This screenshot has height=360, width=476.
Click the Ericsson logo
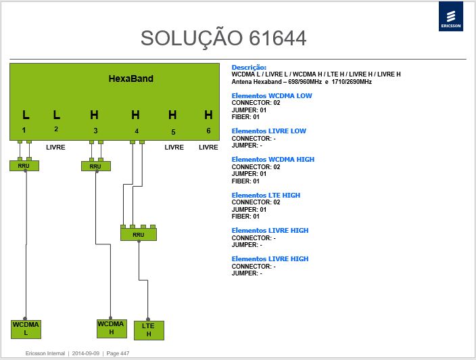tap(451, 16)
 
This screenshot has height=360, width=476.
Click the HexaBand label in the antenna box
tap(131, 78)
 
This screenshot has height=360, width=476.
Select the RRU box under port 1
tap(24, 166)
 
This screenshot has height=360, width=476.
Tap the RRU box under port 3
tap(95, 166)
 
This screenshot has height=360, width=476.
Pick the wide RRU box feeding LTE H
tap(139, 235)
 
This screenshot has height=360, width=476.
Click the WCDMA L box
tap(26, 329)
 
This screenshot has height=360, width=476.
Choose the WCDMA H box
tap(112, 328)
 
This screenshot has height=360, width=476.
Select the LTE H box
tap(149, 330)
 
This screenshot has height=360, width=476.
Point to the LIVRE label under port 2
tap(55, 148)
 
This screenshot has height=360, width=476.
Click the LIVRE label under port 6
tap(208, 148)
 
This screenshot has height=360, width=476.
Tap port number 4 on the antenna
tap(137, 131)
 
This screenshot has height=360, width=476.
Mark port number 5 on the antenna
tap(173, 132)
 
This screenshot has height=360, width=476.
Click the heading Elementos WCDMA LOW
tap(272, 95)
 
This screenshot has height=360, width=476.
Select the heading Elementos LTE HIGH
tap(266, 195)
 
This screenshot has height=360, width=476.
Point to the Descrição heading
tap(249, 68)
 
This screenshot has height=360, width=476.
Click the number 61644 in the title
tap(277, 39)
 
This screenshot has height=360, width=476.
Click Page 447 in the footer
tap(118, 353)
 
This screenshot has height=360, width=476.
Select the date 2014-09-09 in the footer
tap(86, 353)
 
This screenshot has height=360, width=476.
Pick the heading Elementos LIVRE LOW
tap(268, 131)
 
